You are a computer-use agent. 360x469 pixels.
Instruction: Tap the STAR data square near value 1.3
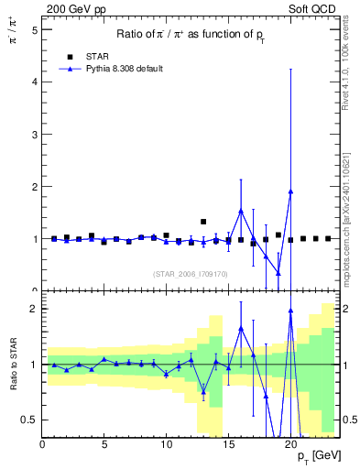click(203, 222)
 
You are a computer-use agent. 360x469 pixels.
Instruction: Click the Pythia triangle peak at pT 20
click(290, 191)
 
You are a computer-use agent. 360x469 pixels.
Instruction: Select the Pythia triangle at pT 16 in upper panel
click(241, 211)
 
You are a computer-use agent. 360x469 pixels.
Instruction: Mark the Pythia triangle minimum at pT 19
click(278, 274)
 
